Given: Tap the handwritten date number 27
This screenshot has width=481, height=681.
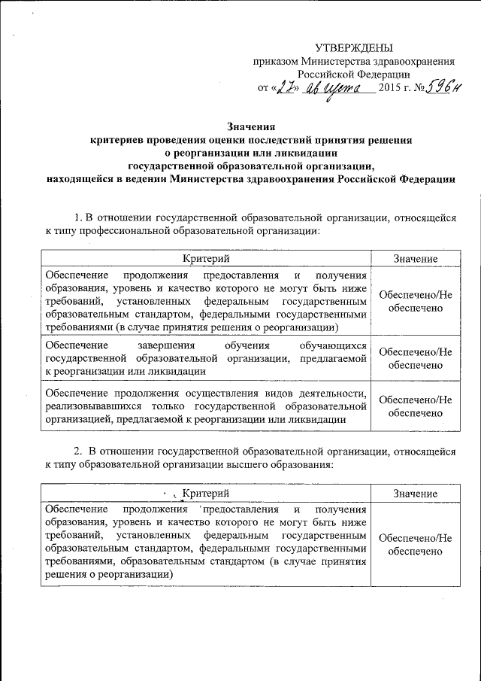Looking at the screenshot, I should pos(280,89).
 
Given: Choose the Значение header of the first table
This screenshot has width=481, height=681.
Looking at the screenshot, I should pos(415,259).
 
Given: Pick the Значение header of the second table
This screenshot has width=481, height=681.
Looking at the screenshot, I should pos(415,492).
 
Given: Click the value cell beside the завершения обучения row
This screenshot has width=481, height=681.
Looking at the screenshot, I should pos(415,357).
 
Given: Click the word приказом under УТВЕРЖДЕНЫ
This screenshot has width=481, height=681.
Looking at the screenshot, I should pos(275,61).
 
